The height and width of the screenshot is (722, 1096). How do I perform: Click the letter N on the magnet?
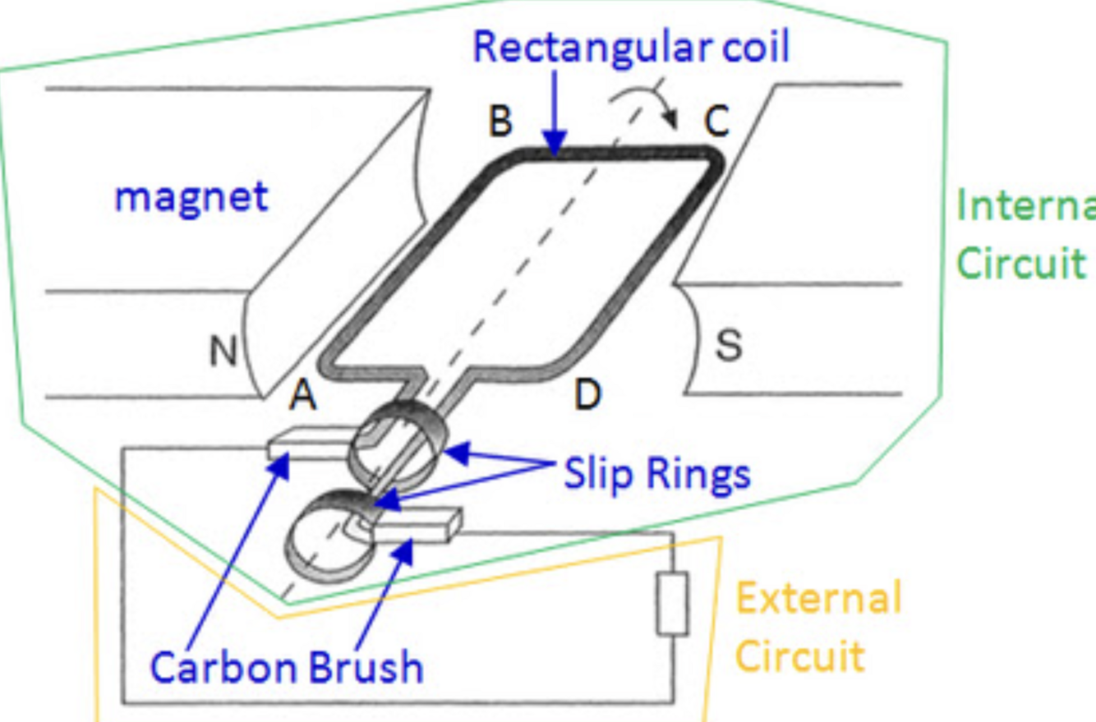click(223, 352)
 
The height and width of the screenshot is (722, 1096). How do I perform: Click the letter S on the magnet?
click(728, 346)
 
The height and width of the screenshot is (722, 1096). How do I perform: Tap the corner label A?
click(302, 398)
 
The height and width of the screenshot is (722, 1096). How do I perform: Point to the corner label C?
click(716, 123)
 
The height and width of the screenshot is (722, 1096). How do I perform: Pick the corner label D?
click(587, 396)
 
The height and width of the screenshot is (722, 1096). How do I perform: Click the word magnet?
click(191, 196)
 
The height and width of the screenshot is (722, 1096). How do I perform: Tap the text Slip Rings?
click(656, 474)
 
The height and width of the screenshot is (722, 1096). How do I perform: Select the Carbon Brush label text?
click(286, 667)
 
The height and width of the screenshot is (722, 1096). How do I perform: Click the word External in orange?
click(818, 598)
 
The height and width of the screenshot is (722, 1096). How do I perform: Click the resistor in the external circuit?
click(672, 605)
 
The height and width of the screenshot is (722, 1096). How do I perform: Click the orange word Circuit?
click(799, 655)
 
